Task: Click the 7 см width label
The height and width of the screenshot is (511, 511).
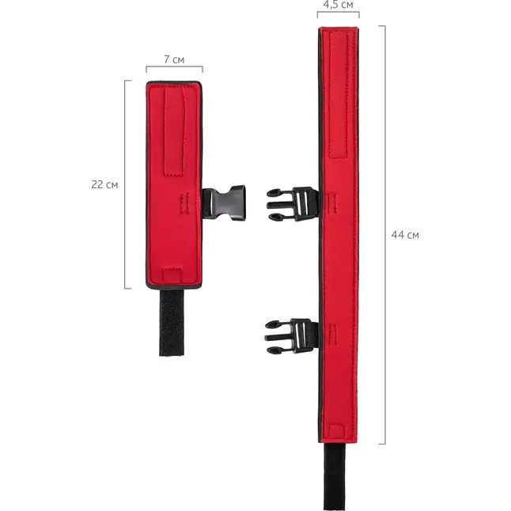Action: point(174,59)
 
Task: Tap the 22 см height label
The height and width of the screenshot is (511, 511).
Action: point(104,185)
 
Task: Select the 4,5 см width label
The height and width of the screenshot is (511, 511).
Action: point(339,5)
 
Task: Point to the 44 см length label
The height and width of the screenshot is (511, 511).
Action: point(405,235)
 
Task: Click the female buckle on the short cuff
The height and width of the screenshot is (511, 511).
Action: point(224,203)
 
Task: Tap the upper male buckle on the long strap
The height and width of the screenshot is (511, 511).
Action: point(293,204)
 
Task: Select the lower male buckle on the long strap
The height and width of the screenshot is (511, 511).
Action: point(291,336)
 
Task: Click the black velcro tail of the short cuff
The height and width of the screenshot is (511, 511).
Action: point(172,322)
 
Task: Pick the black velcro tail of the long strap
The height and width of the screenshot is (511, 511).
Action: point(335,476)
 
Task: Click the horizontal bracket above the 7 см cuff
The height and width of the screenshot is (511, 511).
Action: point(174,67)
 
